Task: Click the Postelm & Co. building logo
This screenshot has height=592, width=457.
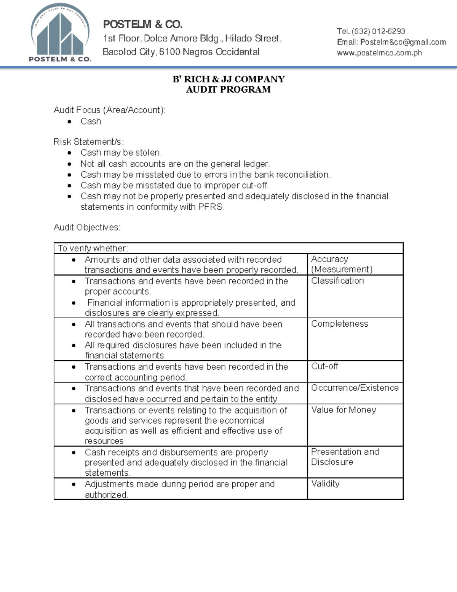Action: pos(60,33)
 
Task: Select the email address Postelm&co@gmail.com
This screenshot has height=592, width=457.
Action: pos(403,42)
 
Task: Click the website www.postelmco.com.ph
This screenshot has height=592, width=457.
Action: pos(379,53)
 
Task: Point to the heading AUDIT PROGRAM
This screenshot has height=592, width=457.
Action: pos(228,90)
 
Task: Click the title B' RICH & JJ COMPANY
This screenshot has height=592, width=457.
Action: pos(228,79)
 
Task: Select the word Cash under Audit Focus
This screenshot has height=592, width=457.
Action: pos(91,121)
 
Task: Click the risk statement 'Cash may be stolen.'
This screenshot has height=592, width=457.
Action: pos(121,152)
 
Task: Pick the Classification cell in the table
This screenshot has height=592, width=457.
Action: pos(337,281)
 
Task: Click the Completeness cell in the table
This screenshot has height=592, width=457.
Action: pos(339,324)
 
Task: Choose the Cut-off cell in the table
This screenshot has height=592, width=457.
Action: pos(324,366)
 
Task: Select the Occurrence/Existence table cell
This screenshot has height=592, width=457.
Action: pos(355,388)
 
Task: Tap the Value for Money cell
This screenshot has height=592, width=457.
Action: pos(344,410)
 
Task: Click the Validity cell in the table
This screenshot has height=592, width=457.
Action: pos(325,483)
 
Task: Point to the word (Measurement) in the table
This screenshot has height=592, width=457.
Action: pos(342,270)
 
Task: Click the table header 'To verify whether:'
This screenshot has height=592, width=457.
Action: pos(93,248)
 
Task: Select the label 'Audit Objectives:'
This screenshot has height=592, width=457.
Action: pos(87,227)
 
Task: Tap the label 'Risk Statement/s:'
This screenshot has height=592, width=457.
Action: pos(88,142)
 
